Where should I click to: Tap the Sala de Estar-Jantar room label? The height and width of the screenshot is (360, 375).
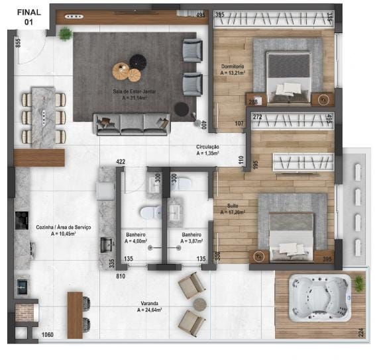pos(130,94)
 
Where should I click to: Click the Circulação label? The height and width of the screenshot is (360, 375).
pos(207,150)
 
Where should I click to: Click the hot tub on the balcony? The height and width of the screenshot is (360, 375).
pos(321,298)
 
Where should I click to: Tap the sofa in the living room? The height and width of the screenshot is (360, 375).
pos(132,123)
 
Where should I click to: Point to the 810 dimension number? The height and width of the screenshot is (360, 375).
pos(121,276)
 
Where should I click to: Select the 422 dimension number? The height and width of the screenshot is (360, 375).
pos(121,161)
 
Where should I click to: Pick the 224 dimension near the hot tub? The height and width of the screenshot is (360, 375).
pos(361,332)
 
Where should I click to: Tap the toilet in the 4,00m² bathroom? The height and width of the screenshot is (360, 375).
pos(150,212)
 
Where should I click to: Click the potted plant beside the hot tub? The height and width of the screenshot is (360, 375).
pos(358,283)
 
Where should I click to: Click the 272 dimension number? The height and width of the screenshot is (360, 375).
pos(258,117)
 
